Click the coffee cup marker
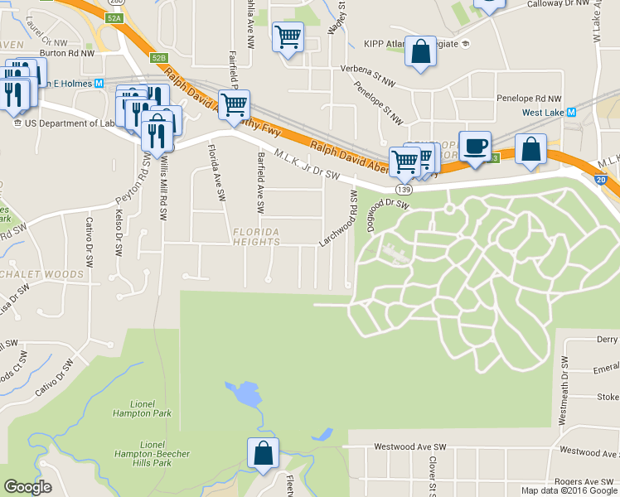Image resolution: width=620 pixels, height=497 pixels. [475, 147]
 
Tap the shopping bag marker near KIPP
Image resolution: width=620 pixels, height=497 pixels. [421, 51]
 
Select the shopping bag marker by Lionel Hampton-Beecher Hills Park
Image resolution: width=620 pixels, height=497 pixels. [263, 453]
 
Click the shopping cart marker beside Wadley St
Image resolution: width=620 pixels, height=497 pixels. [288, 36]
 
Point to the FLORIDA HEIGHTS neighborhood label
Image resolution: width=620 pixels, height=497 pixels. [256, 236]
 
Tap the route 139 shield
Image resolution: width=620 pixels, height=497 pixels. [404, 189]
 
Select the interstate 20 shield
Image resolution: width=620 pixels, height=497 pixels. [600, 179]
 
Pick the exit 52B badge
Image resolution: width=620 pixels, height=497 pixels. [159, 57]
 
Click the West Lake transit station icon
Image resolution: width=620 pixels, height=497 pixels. [571, 112]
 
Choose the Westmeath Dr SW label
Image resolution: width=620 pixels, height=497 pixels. [564, 391]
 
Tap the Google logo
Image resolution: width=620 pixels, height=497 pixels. [27, 488]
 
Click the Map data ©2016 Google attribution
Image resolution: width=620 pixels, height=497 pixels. [569, 490]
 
